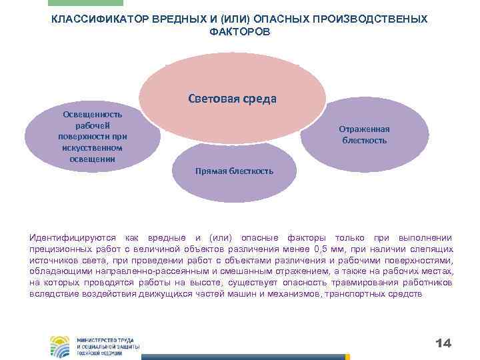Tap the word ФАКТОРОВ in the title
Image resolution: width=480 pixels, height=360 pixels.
[239, 31]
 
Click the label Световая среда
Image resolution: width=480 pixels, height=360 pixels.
[232, 99]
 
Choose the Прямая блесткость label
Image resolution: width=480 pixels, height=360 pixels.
[233, 171]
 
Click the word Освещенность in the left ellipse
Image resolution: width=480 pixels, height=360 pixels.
[83, 114]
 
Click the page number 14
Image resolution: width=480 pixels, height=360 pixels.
[443, 343]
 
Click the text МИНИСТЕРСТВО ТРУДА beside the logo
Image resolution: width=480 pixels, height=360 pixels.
[105, 340]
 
